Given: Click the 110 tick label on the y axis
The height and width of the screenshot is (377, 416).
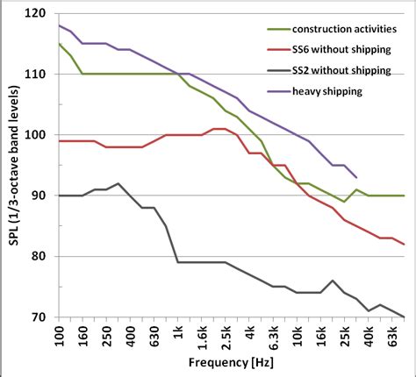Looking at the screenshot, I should pyautogui.click(x=37, y=75).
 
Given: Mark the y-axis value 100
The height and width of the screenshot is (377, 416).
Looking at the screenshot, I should pyautogui.click(x=37, y=135).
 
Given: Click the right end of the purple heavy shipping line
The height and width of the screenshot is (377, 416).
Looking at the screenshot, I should pyautogui.click(x=356, y=177).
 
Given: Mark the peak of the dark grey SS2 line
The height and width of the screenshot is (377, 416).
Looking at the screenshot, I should pyautogui.click(x=118, y=183).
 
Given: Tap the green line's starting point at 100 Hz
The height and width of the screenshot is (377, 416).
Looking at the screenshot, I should pyautogui.click(x=59, y=44).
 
